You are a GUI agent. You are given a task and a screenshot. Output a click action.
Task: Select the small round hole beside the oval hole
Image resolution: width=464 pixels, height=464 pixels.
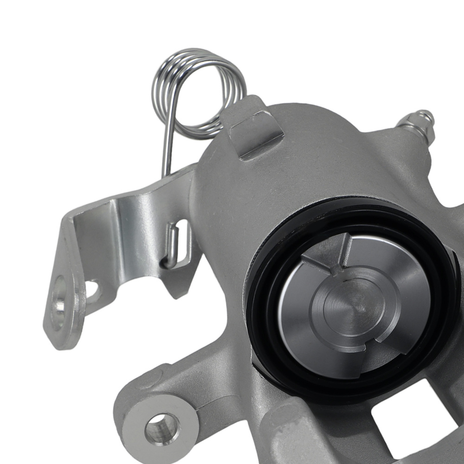tap(92, 290)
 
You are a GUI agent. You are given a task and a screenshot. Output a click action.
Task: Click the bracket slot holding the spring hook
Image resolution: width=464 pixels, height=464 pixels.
tap(183, 241)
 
